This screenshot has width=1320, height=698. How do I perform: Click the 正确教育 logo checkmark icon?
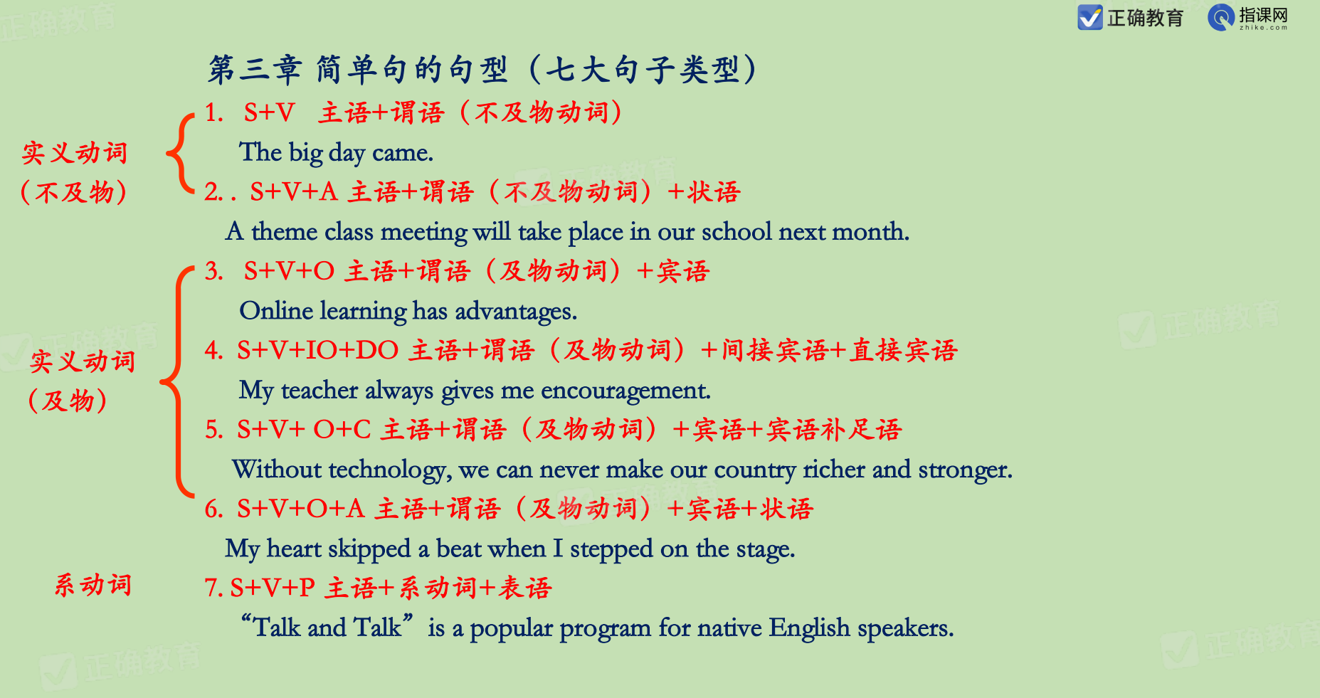[x=1089, y=17]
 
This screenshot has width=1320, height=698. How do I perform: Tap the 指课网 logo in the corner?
[x=1248, y=17]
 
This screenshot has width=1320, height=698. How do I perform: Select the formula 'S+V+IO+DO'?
[x=317, y=350]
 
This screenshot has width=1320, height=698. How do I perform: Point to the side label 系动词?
[x=93, y=585]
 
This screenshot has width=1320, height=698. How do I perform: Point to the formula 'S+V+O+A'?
[x=300, y=509]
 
